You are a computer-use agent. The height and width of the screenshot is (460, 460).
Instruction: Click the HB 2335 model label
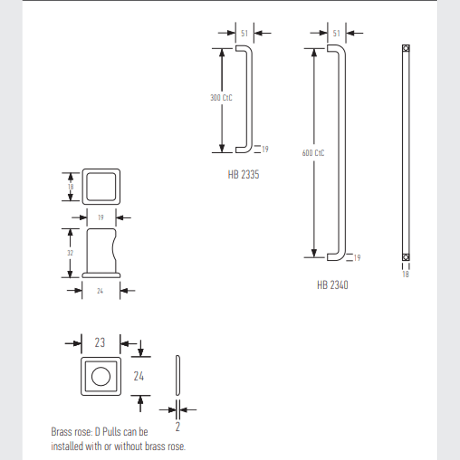(x=243, y=175)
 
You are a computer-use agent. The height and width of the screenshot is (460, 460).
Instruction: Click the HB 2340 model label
(x=332, y=285)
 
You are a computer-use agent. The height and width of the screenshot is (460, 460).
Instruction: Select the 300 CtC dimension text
(x=221, y=98)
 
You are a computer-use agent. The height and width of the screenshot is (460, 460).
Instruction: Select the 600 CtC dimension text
(x=313, y=153)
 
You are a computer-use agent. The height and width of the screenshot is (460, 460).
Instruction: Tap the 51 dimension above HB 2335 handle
(x=244, y=33)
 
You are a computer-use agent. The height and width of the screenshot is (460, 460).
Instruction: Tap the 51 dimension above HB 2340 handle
(x=336, y=33)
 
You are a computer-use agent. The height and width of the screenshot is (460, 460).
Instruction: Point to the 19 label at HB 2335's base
(x=265, y=149)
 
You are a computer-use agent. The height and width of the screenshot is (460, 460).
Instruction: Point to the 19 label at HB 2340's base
(x=357, y=258)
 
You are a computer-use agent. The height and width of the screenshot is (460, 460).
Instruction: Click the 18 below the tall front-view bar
(x=405, y=274)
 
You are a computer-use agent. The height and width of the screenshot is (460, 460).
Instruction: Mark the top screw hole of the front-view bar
(x=406, y=49)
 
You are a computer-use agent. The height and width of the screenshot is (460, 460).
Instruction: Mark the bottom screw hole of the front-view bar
(x=406, y=257)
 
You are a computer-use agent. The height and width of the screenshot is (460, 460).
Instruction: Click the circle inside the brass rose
(x=101, y=376)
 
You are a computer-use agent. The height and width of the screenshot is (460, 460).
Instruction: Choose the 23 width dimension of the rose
(x=100, y=343)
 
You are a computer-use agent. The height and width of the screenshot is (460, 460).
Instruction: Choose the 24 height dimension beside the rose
(x=139, y=376)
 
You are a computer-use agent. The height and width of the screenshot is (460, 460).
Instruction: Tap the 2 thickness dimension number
(x=178, y=427)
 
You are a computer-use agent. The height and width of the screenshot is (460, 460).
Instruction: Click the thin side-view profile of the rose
(x=178, y=375)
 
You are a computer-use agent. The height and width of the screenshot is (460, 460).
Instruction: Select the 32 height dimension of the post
(x=70, y=253)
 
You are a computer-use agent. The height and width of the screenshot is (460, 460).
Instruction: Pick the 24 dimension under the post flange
(x=100, y=291)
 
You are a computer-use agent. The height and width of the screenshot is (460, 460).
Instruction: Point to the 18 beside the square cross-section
(x=71, y=187)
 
